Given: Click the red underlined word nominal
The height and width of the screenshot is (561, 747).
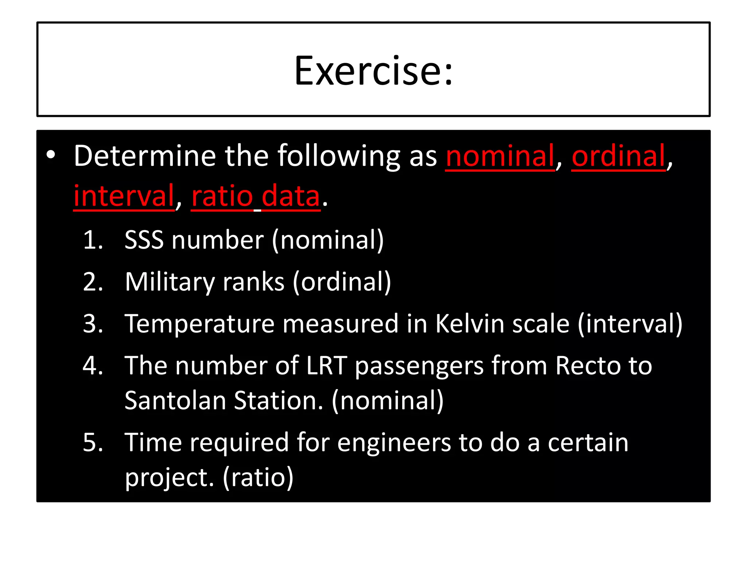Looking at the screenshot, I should click(500, 156).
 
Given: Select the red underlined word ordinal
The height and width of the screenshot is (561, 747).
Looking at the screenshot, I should click(618, 156).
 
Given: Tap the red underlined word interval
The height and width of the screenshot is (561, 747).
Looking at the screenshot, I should click(124, 196).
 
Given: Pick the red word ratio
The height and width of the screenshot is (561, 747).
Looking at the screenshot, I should click(222, 196).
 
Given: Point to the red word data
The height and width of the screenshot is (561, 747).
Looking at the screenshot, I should click(291, 196).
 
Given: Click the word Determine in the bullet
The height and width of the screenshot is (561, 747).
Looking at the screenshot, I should click(145, 156).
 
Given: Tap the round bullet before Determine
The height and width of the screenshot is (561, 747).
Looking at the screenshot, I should click(51, 155).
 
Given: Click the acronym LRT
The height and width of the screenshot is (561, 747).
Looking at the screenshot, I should click(326, 366).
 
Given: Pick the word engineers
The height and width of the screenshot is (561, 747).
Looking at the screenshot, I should click(394, 443).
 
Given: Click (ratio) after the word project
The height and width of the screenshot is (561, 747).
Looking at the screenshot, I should click(258, 478).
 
